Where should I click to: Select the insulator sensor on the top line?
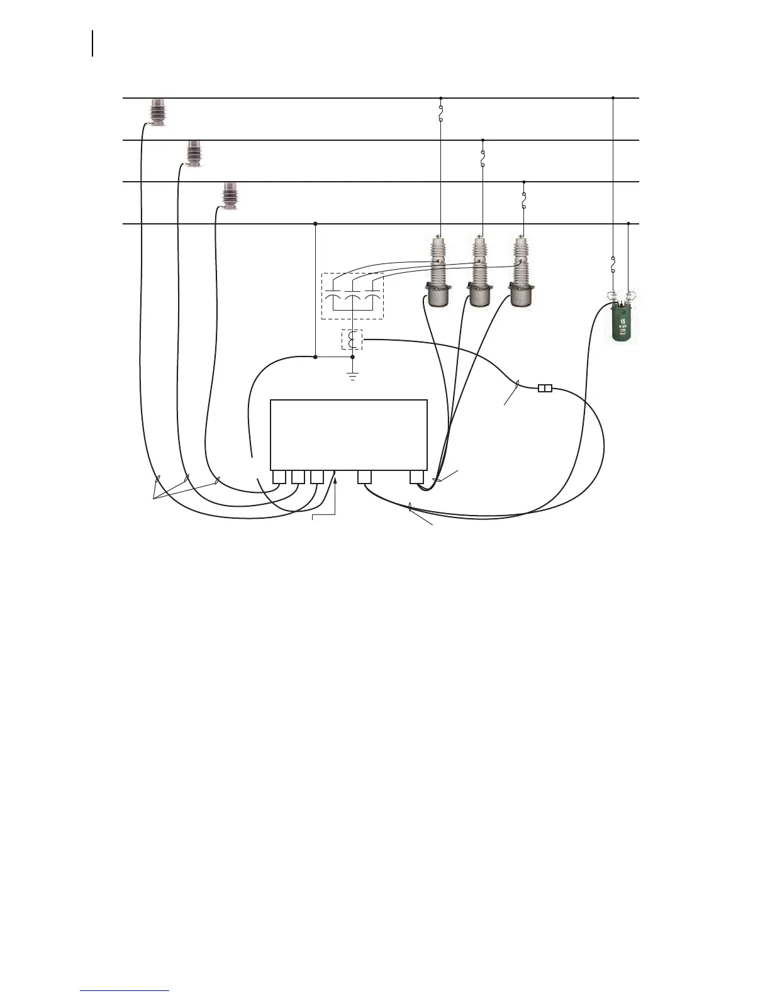point(157,113)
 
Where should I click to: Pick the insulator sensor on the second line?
point(194,154)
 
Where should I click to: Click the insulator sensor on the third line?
point(230,196)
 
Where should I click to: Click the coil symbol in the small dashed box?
point(353,340)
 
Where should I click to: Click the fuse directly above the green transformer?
point(613,265)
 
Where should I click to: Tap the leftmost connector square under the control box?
point(279,477)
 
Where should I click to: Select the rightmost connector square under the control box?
point(416,477)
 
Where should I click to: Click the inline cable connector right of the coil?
point(545,389)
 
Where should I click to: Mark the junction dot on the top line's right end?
point(613,98)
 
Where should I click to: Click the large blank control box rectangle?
point(349,434)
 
